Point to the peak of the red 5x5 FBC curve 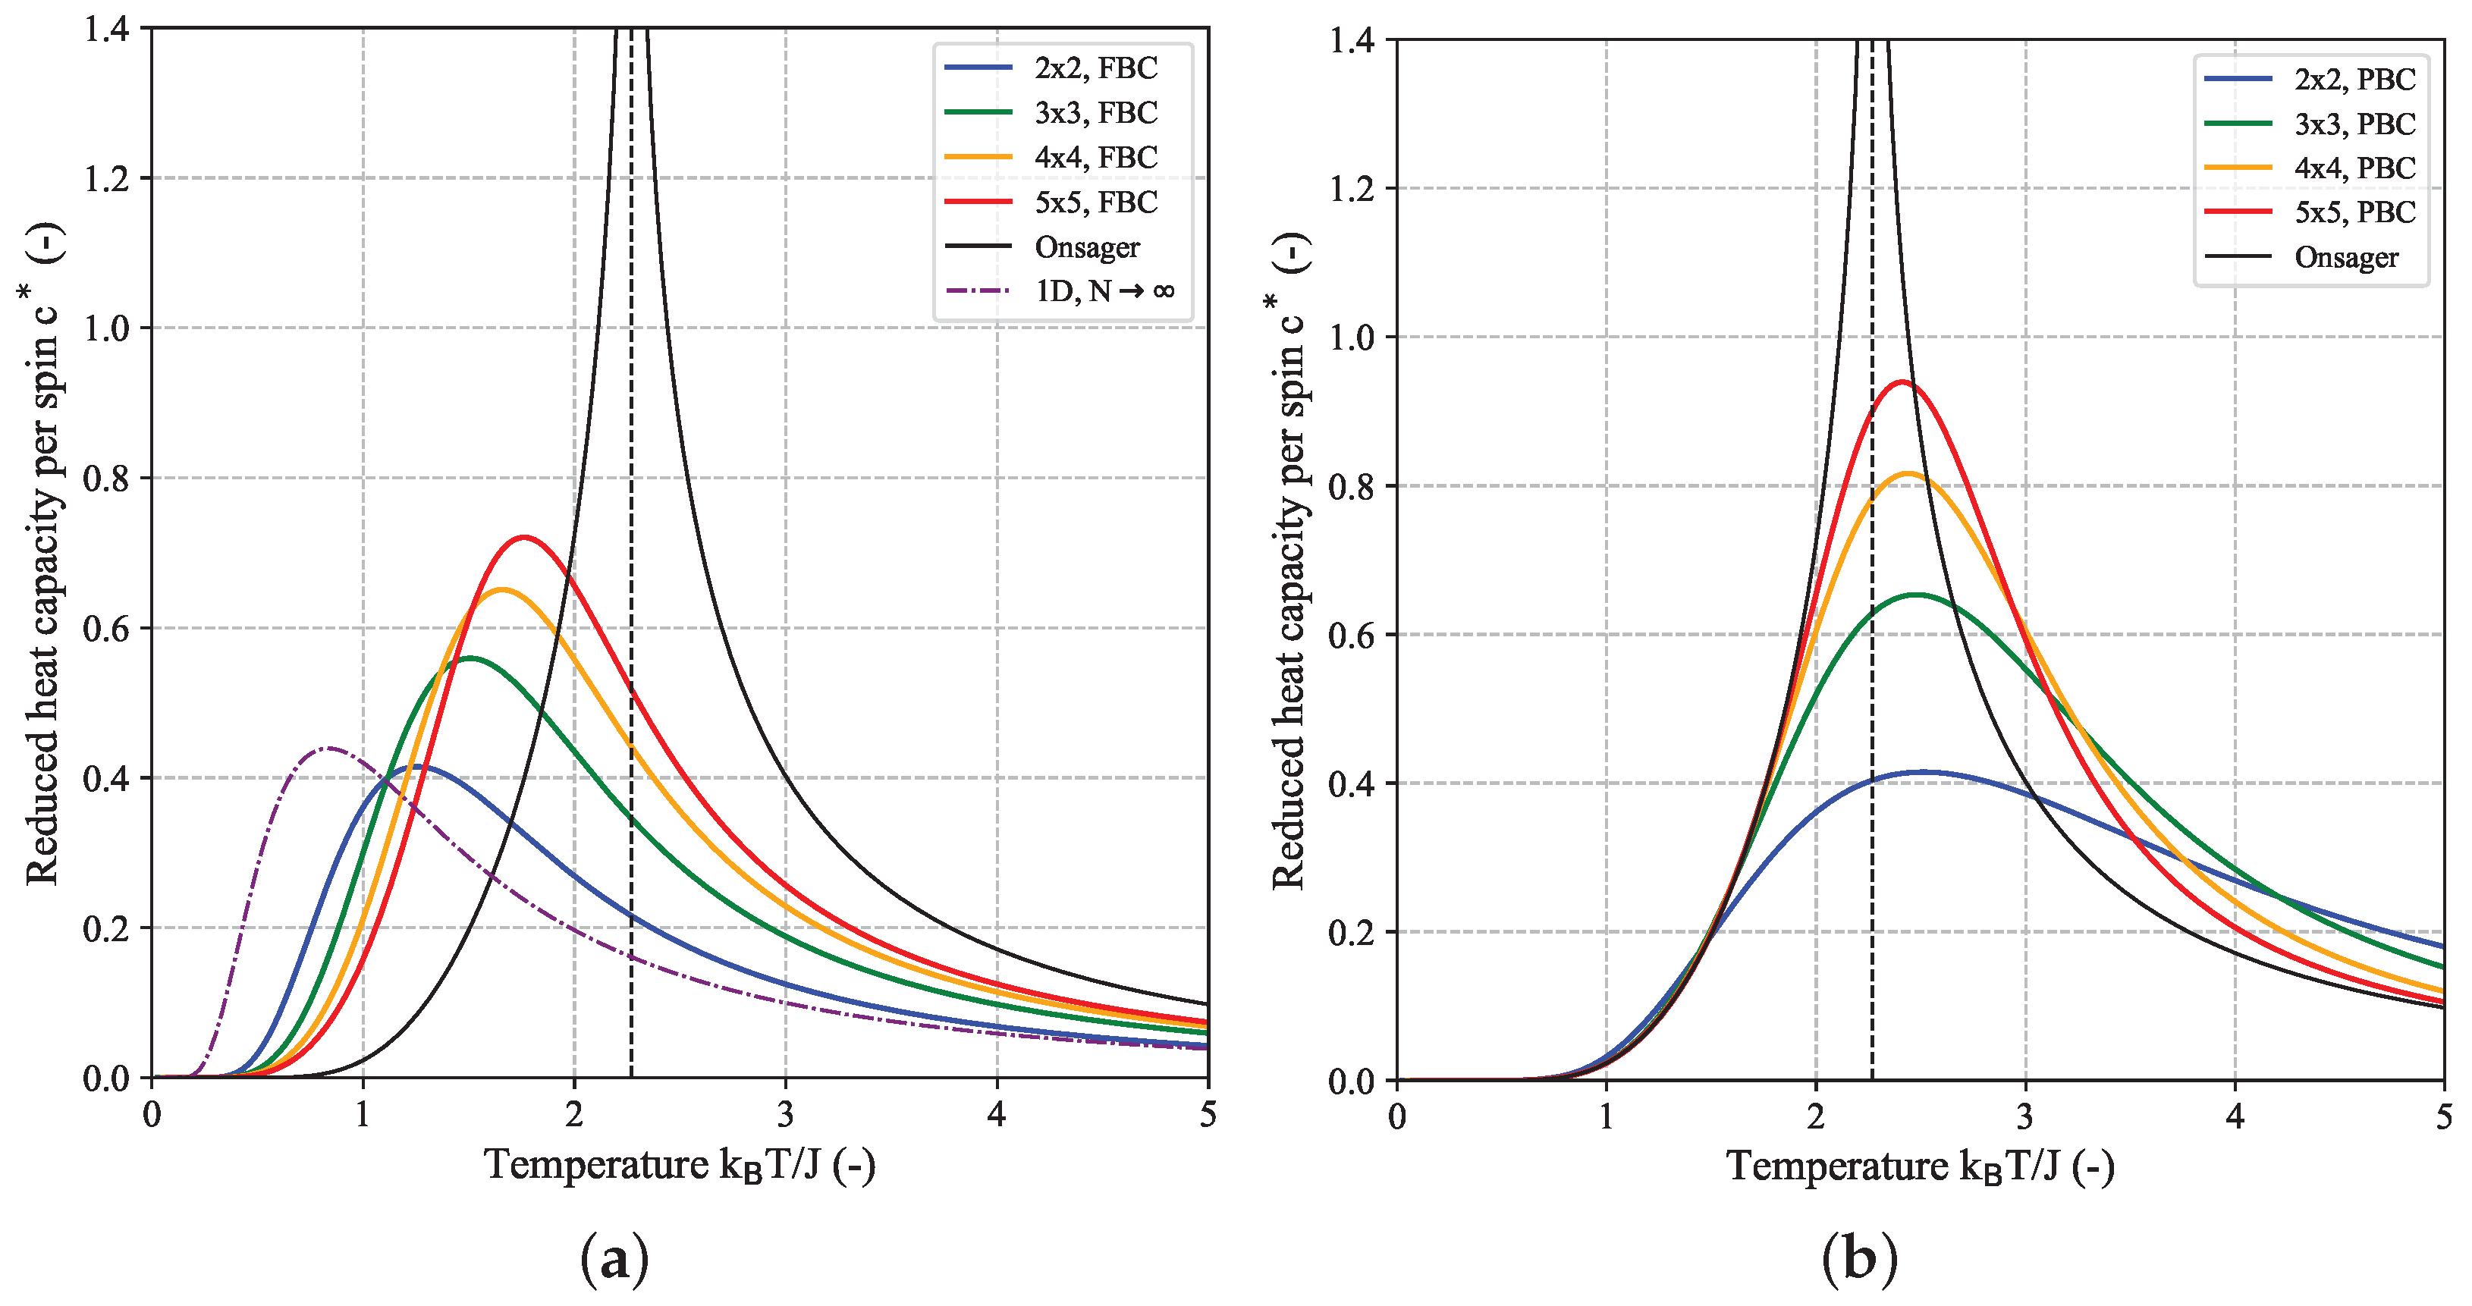pos(524,538)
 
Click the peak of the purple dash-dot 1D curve pos(328,748)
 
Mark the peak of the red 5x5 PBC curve pos(1901,382)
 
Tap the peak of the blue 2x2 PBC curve pos(1922,771)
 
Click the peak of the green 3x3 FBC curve pos(470,658)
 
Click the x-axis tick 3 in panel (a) pos(785,1114)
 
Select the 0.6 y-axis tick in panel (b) pos(1351,636)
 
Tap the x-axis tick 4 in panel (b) pos(2235,1117)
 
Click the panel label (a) pos(614,1259)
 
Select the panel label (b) pos(1859,1259)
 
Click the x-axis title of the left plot pos(680,1165)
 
